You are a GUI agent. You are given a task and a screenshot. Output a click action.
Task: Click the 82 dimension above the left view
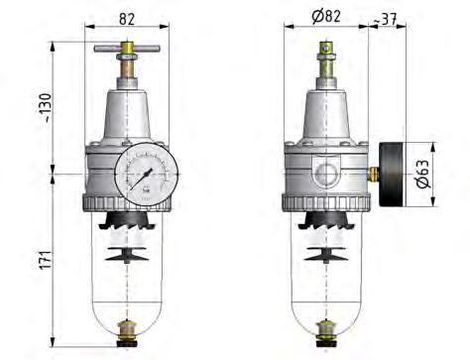pyautogui.click(x=127, y=19)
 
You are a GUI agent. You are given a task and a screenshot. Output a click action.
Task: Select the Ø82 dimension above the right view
pyautogui.click(x=326, y=16)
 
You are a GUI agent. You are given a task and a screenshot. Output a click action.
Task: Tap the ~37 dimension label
pyautogui.click(x=385, y=20)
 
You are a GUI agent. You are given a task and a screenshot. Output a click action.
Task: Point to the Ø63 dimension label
pyautogui.click(x=422, y=174)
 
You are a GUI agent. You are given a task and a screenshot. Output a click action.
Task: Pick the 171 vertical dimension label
pyautogui.click(x=46, y=260)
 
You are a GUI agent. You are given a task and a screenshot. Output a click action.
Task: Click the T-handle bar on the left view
pyautogui.click(x=127, y=49)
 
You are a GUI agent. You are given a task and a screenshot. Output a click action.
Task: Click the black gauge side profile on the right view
pyautogui.click(x=393, y=175)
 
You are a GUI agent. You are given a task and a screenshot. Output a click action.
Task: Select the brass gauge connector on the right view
pyautogui.click(x=374, y=175)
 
